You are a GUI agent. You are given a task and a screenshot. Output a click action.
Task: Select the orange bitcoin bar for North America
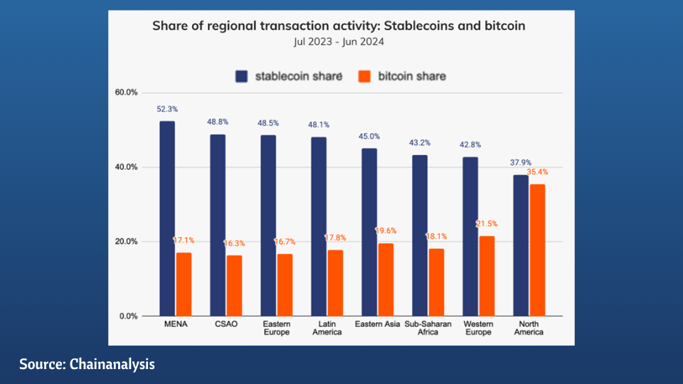(537, 250)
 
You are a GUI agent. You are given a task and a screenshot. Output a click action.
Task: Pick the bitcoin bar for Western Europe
(487, 275)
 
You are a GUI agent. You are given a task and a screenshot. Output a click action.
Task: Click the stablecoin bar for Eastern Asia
(369, 232)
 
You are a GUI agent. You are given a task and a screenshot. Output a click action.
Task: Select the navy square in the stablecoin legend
(241, 75)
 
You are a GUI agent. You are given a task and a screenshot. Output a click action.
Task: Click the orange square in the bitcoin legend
(365, 75)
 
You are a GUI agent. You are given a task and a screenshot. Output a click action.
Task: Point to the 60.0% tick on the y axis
(127, 92)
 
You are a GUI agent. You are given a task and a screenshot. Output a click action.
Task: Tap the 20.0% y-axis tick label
(127, 242)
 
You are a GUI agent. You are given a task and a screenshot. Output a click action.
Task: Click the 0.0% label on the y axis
(129, 316)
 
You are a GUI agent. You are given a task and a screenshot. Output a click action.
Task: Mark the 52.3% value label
(167, 110)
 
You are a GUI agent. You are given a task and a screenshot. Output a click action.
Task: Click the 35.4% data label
(537, 172)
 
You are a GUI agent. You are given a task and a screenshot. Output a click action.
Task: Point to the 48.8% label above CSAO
(217, 122)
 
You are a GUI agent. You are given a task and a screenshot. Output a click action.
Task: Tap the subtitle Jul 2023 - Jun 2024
(339, 41)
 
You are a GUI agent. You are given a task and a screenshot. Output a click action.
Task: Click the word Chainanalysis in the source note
(113, 364)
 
